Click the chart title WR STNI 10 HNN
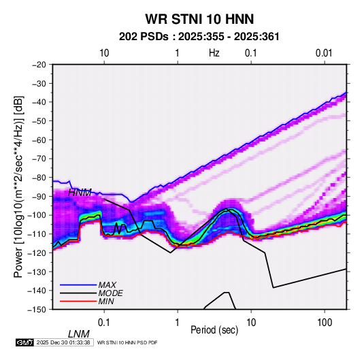(x=199, y=19)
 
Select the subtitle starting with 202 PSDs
(x=199, y=37)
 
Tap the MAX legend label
(x=107, y=284)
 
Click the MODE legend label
(x=110, y=293)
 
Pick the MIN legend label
(x=106, y=301)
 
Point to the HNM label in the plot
(x=80, y=193)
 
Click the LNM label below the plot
(x=78, y=334)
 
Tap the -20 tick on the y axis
(x=39, y=65)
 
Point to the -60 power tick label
(x=39, y=140)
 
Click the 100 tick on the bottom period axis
(x=325, y=323)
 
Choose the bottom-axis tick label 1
(x=177, y=323)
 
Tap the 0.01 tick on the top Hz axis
(x=324, y=53)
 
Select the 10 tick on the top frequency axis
(x=104, y=53)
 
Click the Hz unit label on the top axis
(x=214, y=53)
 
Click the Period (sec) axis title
(x=214, y=330)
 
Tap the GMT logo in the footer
(x=25, y=342)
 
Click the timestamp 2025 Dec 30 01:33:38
(x=63, y=342)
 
